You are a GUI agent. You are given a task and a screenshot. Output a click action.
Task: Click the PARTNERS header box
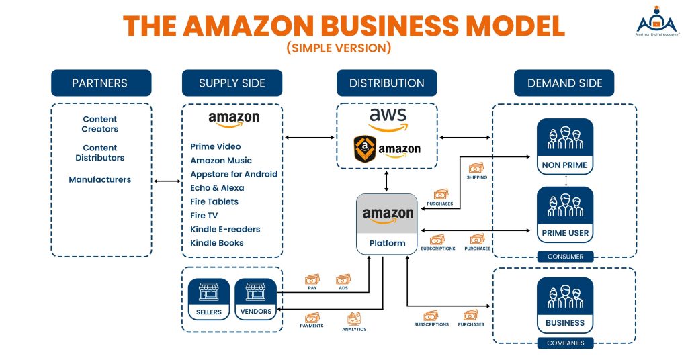click(101, 83)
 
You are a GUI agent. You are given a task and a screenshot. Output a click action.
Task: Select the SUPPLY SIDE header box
click(232, 83)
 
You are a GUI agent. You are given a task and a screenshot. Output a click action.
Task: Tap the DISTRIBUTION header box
click(386, 83)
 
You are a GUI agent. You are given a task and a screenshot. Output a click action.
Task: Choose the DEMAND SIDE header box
click(564, 83)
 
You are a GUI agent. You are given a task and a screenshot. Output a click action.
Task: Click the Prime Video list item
click(215, 146)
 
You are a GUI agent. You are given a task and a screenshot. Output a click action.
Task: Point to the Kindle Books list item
click(216, 243)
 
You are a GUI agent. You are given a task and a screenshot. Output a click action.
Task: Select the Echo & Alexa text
click(217, 188)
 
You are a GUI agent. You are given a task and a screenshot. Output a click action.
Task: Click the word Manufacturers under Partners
click(100, 179)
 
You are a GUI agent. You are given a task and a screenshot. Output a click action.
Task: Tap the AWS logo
click(387, 119)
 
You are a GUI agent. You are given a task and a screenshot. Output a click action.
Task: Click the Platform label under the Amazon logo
click(387, 243)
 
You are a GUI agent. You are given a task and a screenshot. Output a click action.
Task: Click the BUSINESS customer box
click(565, 306)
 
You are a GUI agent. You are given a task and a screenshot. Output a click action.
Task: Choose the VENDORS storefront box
click(255, 299)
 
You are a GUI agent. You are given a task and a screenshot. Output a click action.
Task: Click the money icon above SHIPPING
click(476, 168)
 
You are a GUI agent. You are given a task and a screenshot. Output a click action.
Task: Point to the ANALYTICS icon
click(354, 318)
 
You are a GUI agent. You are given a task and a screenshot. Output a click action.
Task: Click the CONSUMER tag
click(565, 257)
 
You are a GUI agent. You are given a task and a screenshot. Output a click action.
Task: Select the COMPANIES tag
click(565, 343)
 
